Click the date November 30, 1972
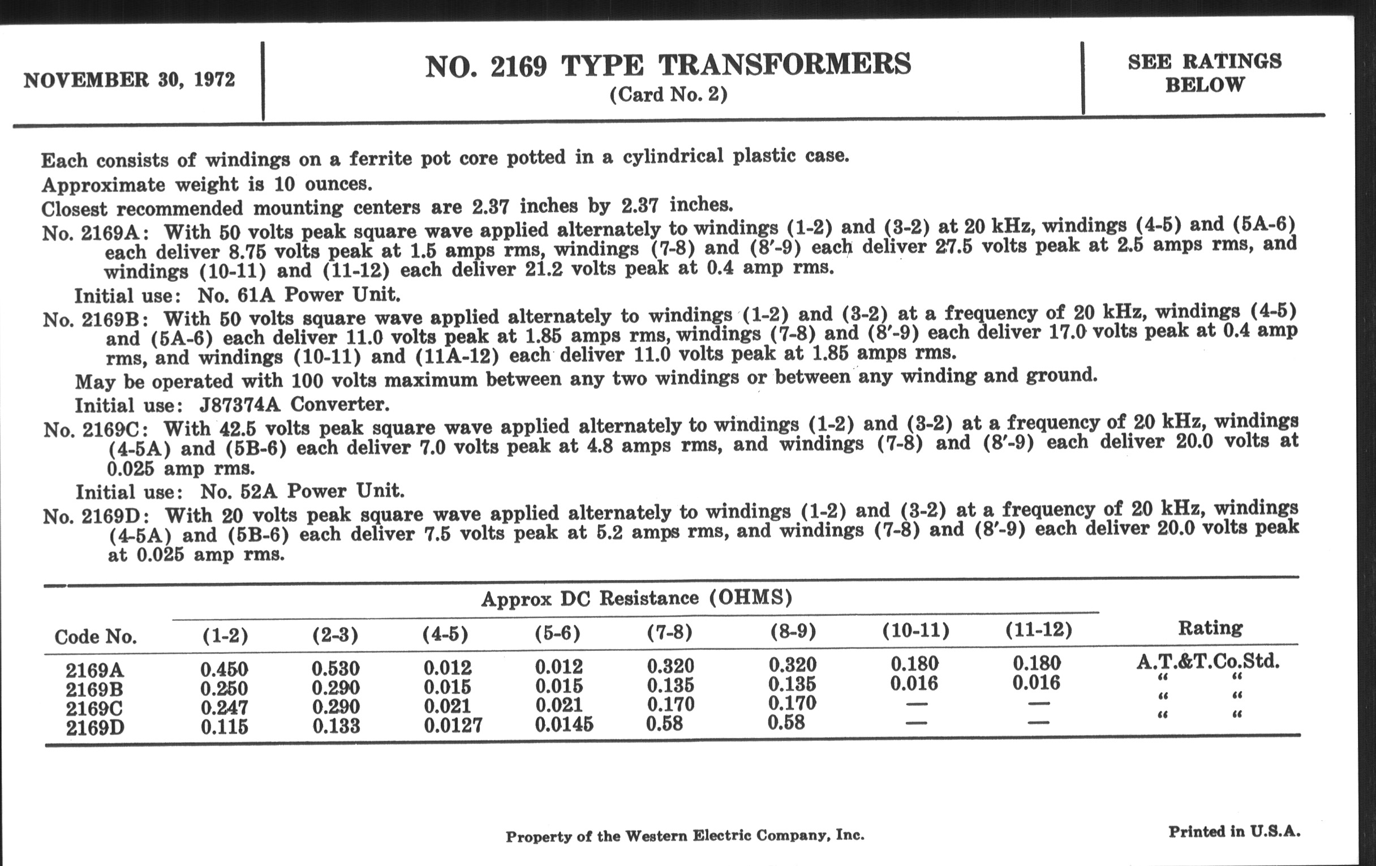point(129,80)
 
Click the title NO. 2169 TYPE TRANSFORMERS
point(668,65)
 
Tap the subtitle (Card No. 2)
point(668,95)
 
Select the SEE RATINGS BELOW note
point(1205,72)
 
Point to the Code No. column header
point(96,637)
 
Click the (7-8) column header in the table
point(669,632)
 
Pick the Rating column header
point(1210,628)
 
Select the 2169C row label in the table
point(94,709)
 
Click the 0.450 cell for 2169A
point(224,669)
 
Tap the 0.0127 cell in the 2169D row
point(453,726)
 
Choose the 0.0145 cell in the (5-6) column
point(564,725)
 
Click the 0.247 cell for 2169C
point(224,708)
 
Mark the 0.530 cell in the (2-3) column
point(336,668)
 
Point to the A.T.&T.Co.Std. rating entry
point(1208,662)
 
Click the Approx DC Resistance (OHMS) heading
point(636,598)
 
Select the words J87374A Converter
point(294,405)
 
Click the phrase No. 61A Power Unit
point(299,295)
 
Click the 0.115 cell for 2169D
point(224,727)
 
